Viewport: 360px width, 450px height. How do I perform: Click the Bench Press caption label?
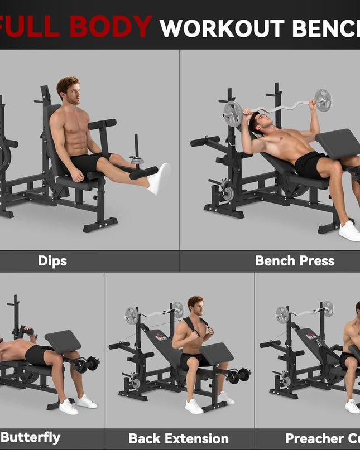pyautogui.click(x=294, y=260)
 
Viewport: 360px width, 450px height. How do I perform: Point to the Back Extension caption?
pyautogui.click(x=179, y=438)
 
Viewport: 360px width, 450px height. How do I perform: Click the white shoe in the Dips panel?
pyautogui.click(x=159, y=178)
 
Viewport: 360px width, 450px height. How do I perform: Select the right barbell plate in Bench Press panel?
pyautogui.click(x=323, y=100)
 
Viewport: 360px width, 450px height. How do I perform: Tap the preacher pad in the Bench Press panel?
pyautogui.click(x=337, y=142)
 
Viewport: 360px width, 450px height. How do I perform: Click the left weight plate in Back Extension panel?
pyautogui.click(x=131, y=316)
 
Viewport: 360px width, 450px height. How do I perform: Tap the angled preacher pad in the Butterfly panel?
pyautogui.click(x=63, y=341)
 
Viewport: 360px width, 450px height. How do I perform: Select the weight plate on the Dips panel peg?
pyautogui.click(x=137, y=160)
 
